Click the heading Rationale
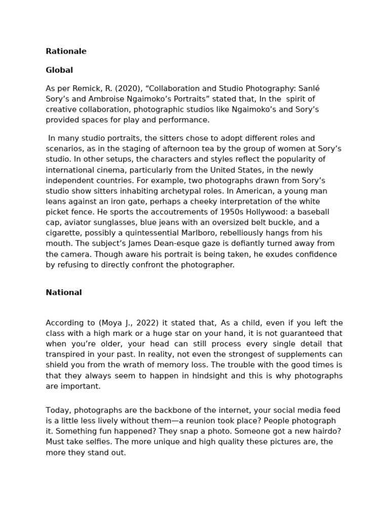66,51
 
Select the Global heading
59,70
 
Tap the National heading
64,292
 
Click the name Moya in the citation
111,323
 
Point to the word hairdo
327,431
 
